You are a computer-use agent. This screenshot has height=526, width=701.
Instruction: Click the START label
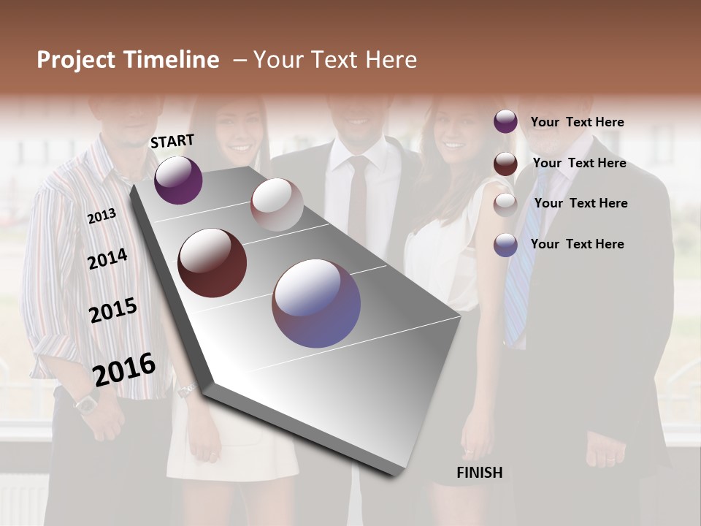[x=172, y=141]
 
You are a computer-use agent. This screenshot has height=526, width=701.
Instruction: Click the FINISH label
[x=479, y=473]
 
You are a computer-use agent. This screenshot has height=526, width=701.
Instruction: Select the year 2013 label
[x=101, y=216]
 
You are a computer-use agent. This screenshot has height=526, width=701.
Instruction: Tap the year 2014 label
[x=107, y=259]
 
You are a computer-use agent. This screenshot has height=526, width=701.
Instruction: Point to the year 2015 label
[x=113, y=310]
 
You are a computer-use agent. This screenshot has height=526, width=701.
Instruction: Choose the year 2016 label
[x=124, y=370]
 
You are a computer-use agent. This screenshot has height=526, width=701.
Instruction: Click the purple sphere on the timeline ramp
[x=178, y=180]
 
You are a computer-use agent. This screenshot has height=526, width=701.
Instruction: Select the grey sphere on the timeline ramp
[x=277, y=205]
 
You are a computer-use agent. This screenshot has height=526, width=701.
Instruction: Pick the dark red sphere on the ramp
[x=212, y=263]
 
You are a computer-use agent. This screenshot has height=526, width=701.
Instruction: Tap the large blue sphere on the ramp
[x=316, y=303]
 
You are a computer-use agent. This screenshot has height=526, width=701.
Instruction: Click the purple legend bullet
[x=505, y=122]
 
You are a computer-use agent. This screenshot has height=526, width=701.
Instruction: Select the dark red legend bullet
[x=505, y=164]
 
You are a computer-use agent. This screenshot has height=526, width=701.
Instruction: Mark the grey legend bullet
[x=505, y=204]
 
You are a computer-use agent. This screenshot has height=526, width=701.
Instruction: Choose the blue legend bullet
[x=505, y=245]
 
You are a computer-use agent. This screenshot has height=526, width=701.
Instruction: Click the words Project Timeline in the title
[x=128, y=60]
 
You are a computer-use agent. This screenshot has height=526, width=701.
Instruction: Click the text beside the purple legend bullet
[x=577, y=122]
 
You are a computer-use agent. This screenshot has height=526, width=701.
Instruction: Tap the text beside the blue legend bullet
[x=577, y=244]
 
